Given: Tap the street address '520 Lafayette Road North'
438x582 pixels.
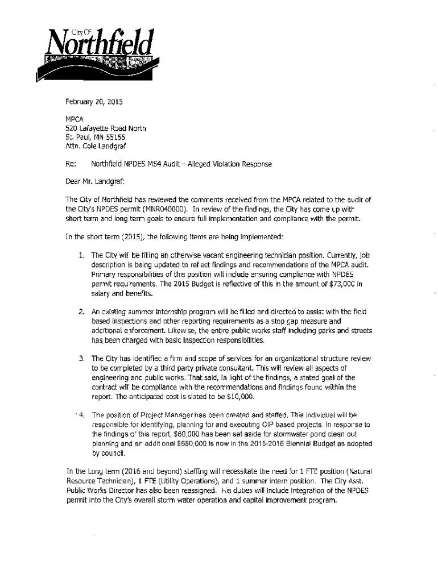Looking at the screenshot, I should (x=106, y=128).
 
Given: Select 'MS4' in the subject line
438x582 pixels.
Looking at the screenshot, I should (x=153, y=164).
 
